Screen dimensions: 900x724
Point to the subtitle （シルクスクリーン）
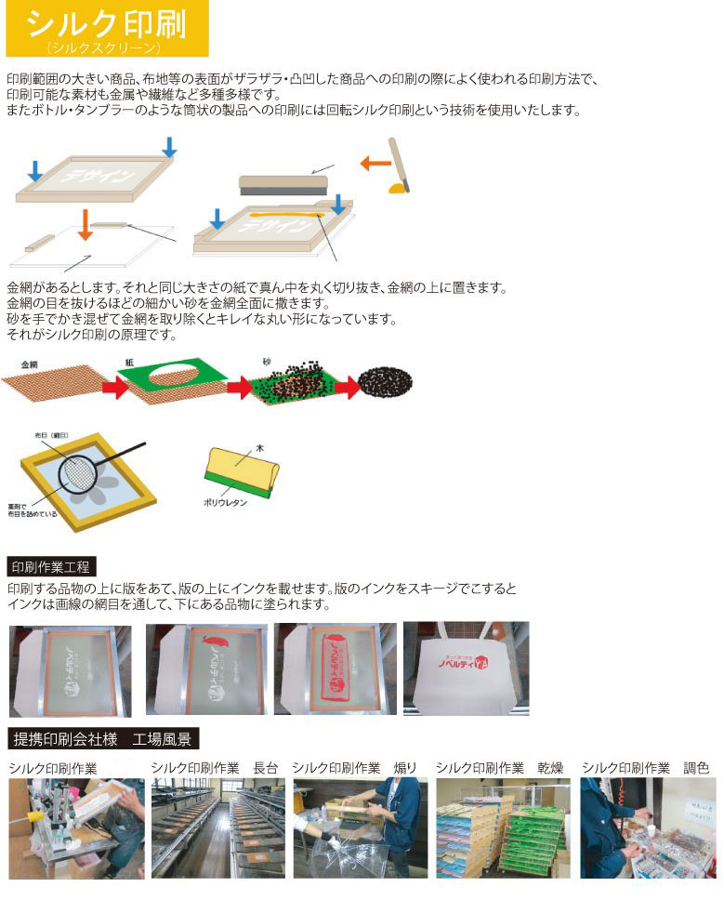(x=106, y=46)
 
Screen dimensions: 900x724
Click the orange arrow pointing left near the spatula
(x=375, y=163)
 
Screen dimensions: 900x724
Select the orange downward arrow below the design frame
(x=85, y=224)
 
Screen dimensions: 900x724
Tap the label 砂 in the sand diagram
(x=267, y=362)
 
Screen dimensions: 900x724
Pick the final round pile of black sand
(x=385, y=381)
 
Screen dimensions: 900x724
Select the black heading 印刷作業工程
(x=51, y=566)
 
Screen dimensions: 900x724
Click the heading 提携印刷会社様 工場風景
(x=102, y=739)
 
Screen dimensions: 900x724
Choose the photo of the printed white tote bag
(x=466, y=668)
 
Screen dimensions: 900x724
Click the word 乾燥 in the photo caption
(x=550, y=768)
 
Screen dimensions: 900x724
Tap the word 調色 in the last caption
(x=696, y=768)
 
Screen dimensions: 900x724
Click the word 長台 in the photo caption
(x=265, y=768)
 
